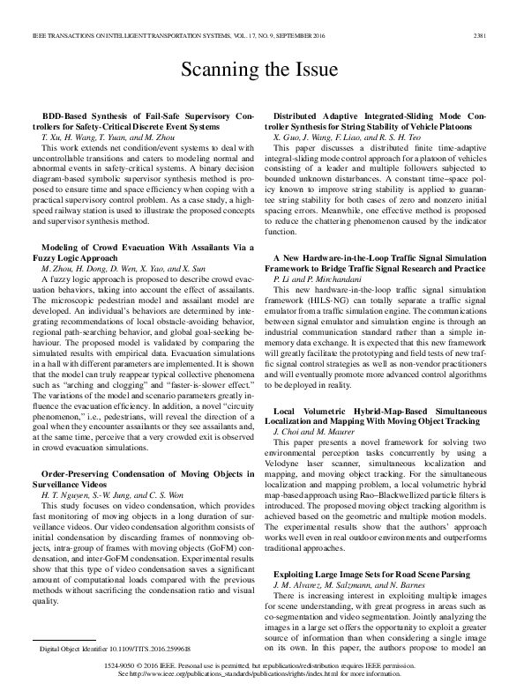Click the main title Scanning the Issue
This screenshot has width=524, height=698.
pyautogui.click(x=261, y=69)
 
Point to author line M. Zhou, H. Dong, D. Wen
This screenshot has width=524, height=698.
pyautogui.click(x=113, y=243)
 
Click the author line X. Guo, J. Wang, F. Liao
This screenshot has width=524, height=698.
pyautogui.click(x=348, y=139)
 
